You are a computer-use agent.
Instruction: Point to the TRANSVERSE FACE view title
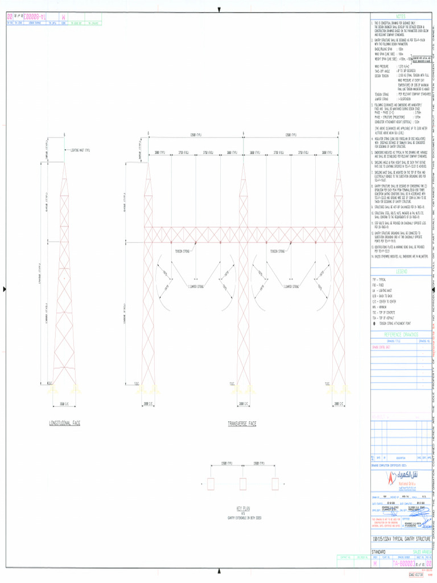242,424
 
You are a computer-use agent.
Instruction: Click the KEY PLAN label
243,507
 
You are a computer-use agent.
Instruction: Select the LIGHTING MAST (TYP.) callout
80,150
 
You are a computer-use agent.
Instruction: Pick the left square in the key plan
210,484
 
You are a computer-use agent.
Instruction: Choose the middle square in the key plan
243,484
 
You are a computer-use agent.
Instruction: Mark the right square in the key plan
276,484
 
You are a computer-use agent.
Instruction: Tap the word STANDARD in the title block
379,552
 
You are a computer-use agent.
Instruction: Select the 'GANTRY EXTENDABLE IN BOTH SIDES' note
243,518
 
